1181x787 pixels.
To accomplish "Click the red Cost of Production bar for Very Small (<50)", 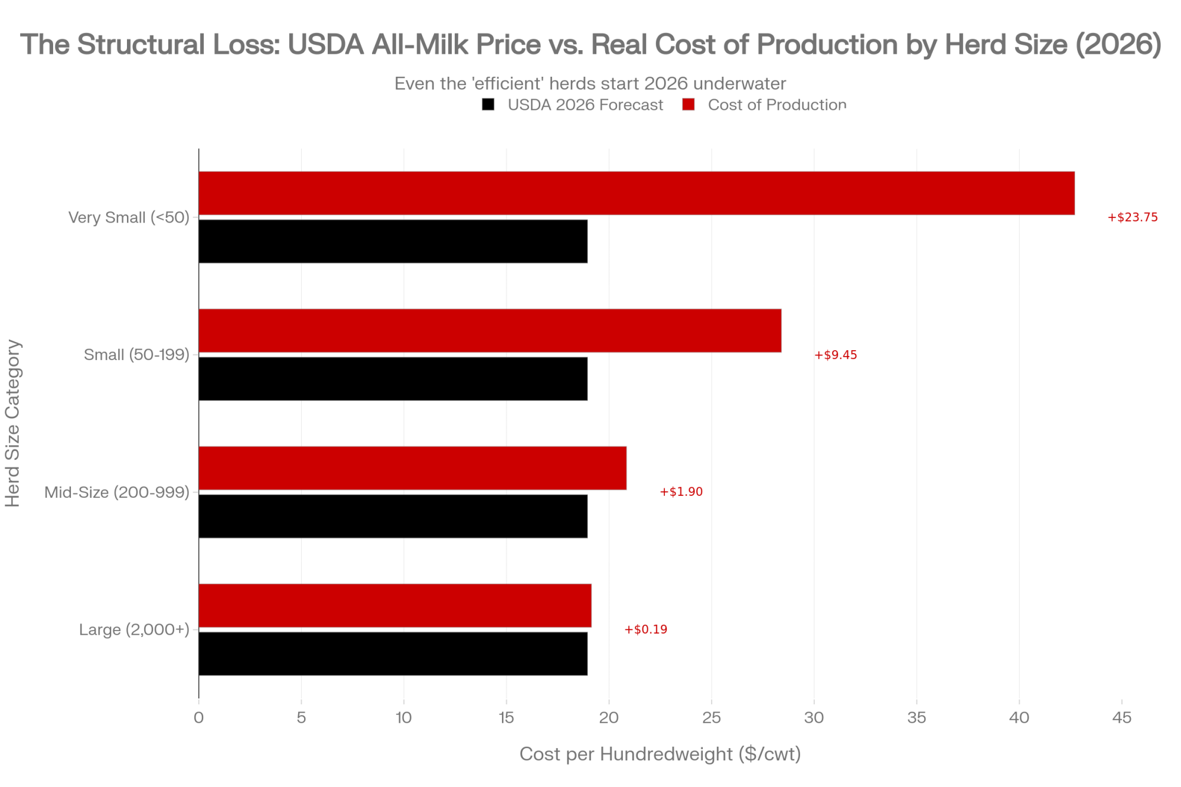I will click(x=637, y=193).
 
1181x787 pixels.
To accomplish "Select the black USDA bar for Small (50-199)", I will click(x=393, y=378).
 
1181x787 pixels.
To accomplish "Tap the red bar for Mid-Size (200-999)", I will click(x=412, y=468).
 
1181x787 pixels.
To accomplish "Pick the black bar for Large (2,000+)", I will click(x=393, y=654).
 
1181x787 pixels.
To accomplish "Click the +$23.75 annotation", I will click(x=1133, y=217).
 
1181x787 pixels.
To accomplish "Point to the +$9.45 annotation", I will click(x=836, y=355).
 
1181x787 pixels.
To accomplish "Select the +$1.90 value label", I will click(x=681, y=492).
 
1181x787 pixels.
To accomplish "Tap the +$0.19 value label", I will click(x=645, y=629).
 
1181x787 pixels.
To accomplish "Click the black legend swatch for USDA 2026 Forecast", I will click(x=488, y=105).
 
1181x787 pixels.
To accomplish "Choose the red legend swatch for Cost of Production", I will click(x=689, y=105).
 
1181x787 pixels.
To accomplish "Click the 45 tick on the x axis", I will click(x=1121, y=717).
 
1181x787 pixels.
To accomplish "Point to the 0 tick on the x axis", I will click(x=198, y=717).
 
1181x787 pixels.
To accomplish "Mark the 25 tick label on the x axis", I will click(x=711, y=717).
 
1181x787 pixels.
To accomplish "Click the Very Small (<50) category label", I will click(x=129, y=217).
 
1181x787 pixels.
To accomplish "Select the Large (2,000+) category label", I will click(x=134, y=629).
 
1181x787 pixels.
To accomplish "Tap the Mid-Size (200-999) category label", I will click(x=117, y=492).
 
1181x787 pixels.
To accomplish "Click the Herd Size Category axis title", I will click(x=13, y=423).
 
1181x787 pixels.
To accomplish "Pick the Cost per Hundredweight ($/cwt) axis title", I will click(x=660, y=754).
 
